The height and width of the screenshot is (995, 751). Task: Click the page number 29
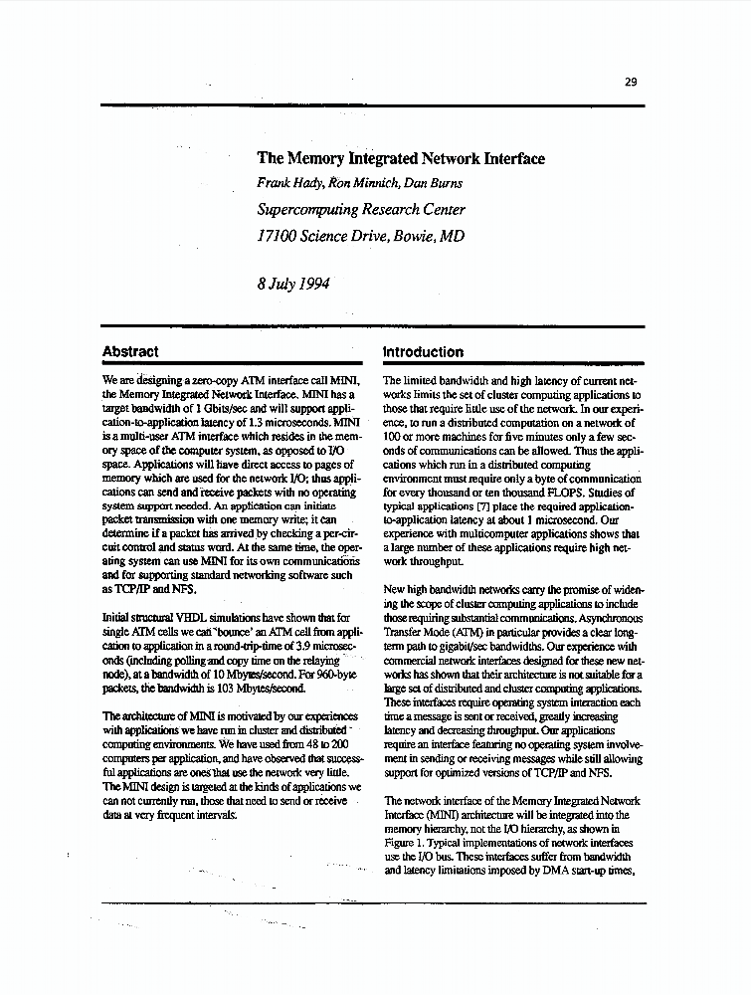click(x=631, y=83)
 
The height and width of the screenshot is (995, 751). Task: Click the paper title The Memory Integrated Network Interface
click(x=401, y=158)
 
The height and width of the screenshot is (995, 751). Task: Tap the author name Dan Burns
click(x=435, y=183)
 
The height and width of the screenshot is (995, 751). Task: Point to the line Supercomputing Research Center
click(x=360, y=210)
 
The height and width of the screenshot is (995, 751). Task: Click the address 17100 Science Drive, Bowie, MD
click(x=360, y=237)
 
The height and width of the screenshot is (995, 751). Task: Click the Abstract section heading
click(x=130, y=351)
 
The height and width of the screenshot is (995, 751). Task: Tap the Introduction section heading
click(x=423, y=351)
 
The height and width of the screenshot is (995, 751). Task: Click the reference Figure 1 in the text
click(x=407, y=842)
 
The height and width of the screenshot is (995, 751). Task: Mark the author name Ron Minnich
click(x=361, y=183)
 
